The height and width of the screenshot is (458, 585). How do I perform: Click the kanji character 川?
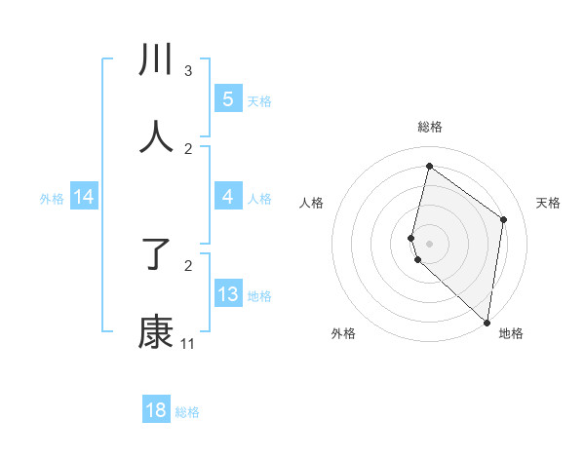click(156, 60)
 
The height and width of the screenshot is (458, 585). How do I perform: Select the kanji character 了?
click(156, 255)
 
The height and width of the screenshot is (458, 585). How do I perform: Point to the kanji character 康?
click(156, 332)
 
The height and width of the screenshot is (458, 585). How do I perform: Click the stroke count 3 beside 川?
click(188, 71)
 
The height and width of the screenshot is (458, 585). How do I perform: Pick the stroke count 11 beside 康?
click(188, 344)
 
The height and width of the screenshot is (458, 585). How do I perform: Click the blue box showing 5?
click(228, 99)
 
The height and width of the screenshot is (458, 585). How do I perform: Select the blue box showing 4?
click(228, 198)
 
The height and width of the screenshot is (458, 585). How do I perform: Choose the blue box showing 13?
click(228, 294)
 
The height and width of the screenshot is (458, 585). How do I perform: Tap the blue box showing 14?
click(84, 198)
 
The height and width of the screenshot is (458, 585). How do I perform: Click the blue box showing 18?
click(156, 410)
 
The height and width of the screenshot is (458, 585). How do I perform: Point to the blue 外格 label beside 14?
click(52, 199)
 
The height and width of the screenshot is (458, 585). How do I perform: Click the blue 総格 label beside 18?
click(187, 412)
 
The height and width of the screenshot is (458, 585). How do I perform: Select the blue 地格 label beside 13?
click(259, 296)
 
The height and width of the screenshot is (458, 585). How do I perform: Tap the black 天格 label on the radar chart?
click(549, 203)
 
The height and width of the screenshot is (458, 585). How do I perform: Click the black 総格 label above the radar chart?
click(430, 127)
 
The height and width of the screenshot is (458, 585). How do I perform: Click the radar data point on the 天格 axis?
click(504, 219)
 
